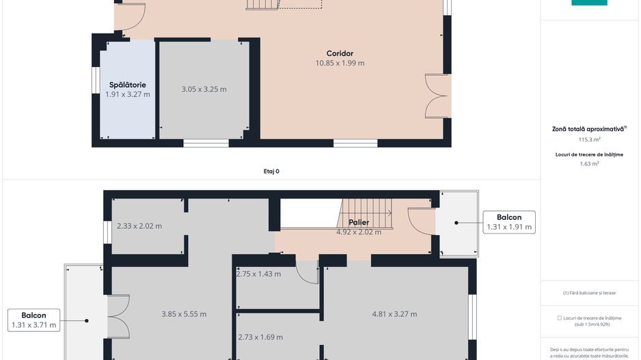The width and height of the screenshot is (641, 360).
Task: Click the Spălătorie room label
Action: (127, 85)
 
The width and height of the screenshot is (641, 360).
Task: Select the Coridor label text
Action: (340, 53)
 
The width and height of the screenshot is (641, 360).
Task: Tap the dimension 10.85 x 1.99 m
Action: (340, 64)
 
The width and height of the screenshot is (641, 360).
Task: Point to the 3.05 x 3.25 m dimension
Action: (204, 89)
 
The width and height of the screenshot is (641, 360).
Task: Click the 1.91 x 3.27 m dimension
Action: (127, 94)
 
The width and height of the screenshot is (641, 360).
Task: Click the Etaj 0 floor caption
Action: (271, 171)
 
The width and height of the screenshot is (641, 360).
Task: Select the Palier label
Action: (359, 223)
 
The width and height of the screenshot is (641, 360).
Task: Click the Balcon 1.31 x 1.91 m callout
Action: (509, 222)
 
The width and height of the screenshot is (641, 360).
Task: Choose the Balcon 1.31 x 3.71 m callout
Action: (33, 320)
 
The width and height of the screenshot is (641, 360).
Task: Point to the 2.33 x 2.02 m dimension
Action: (139, 226)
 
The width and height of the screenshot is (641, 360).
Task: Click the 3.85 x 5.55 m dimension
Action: (184, 314)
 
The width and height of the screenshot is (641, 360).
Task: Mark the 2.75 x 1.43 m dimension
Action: (258, 274)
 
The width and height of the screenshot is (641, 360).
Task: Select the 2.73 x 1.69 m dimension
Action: (260, 337)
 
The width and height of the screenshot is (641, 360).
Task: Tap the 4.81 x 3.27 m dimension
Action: (394, 314)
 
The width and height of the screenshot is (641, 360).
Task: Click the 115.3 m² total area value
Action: (588, 139)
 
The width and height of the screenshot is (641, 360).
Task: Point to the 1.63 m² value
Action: (588, 164)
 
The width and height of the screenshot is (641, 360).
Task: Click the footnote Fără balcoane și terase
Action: (588, 293)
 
